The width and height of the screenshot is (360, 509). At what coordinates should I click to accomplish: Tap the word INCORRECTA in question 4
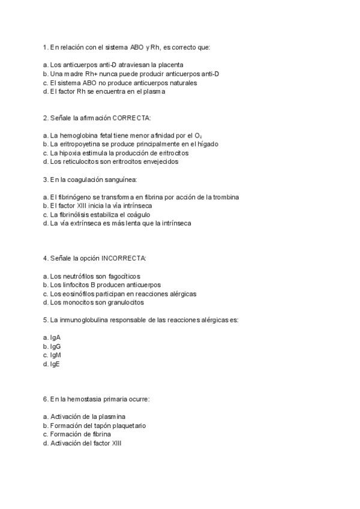[x=124, y=258]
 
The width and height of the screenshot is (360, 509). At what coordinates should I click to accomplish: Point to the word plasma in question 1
[x=152, y=92]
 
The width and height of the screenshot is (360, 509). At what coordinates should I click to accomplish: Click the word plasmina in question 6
[x=113, y=417]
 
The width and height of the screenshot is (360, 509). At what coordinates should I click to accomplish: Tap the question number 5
[x=45, y=320]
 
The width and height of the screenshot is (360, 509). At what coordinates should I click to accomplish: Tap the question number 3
[x=45, y=179]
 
